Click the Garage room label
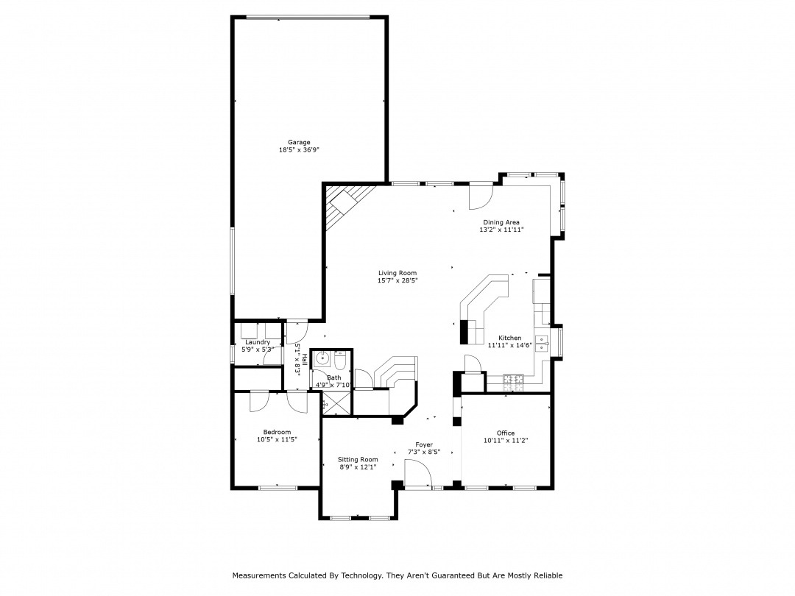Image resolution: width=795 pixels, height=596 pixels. (299, 143)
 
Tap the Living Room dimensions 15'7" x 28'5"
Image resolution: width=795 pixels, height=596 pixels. (397, 280)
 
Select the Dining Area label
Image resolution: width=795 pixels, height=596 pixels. (501, 222)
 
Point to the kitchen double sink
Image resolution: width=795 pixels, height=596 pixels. (542, 344)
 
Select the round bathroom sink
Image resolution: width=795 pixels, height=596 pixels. (322, 360)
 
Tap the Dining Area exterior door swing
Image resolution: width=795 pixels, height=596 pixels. (480, 196)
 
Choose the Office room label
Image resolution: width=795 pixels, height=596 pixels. (506, 433)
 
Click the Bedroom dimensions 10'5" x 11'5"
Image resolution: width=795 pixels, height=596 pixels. (277, 439)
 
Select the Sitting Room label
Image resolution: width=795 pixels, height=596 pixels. (358, 460)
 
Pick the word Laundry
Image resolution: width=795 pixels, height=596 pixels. (258, 342)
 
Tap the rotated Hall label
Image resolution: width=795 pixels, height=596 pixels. (304, 359)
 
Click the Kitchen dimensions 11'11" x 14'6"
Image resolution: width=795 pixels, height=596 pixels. (509, 346)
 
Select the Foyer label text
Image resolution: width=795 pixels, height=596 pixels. (424, 444)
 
